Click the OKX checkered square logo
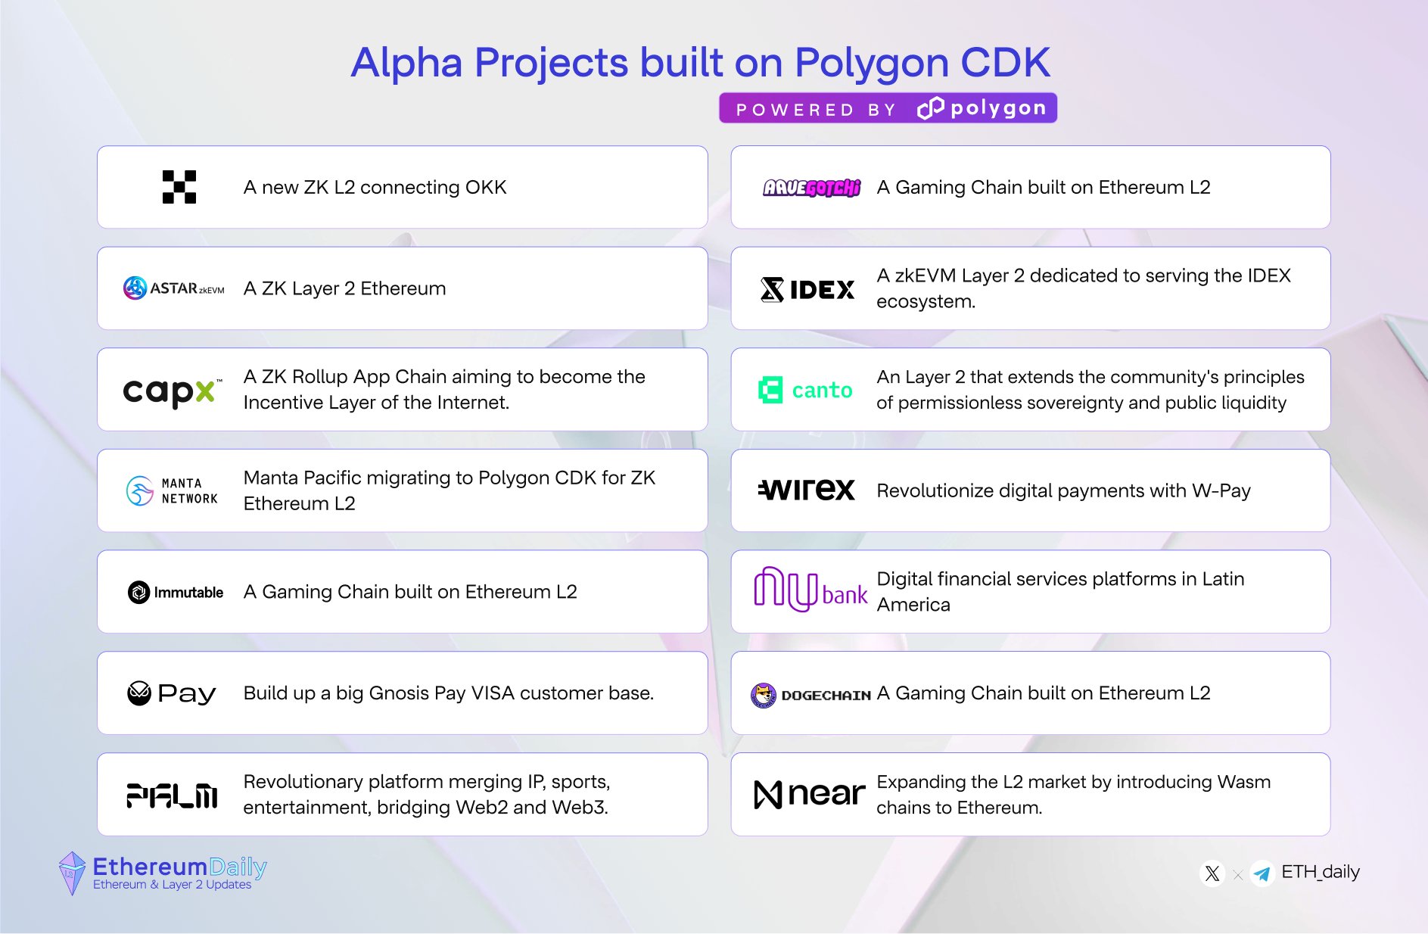point(179,187)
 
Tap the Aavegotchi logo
point(811,188)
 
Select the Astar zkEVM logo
point(174,288)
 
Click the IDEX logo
point(807,289)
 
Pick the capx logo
point(173,392)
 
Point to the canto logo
point(805,390)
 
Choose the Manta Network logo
point(172,491)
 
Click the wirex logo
point(807,490)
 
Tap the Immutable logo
point(176,592)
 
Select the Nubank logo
point(810,590)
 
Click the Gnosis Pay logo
point(172,693)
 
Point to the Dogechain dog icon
point(764,695)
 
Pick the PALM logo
point(172,795)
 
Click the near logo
point(810,794)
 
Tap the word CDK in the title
point(1005,62)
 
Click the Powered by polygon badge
point(888,108)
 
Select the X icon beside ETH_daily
point(1212,873)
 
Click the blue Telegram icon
point(1262,873)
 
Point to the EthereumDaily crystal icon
point(72,873)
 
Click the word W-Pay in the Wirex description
point(1221,490)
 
